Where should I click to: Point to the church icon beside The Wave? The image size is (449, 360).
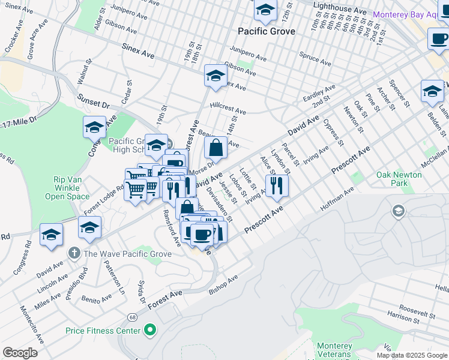[74, 253]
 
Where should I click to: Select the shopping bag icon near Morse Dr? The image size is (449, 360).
[215, 147]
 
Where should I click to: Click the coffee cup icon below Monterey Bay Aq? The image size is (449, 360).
[439, 38]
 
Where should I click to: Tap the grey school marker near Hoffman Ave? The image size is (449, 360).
[397, 211]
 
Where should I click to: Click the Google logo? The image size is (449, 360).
[20, 353]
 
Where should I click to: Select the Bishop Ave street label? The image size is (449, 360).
[223, 285]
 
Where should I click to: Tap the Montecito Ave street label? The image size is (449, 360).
[32, 323]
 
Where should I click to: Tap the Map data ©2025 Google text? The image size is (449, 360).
[411, 355]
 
